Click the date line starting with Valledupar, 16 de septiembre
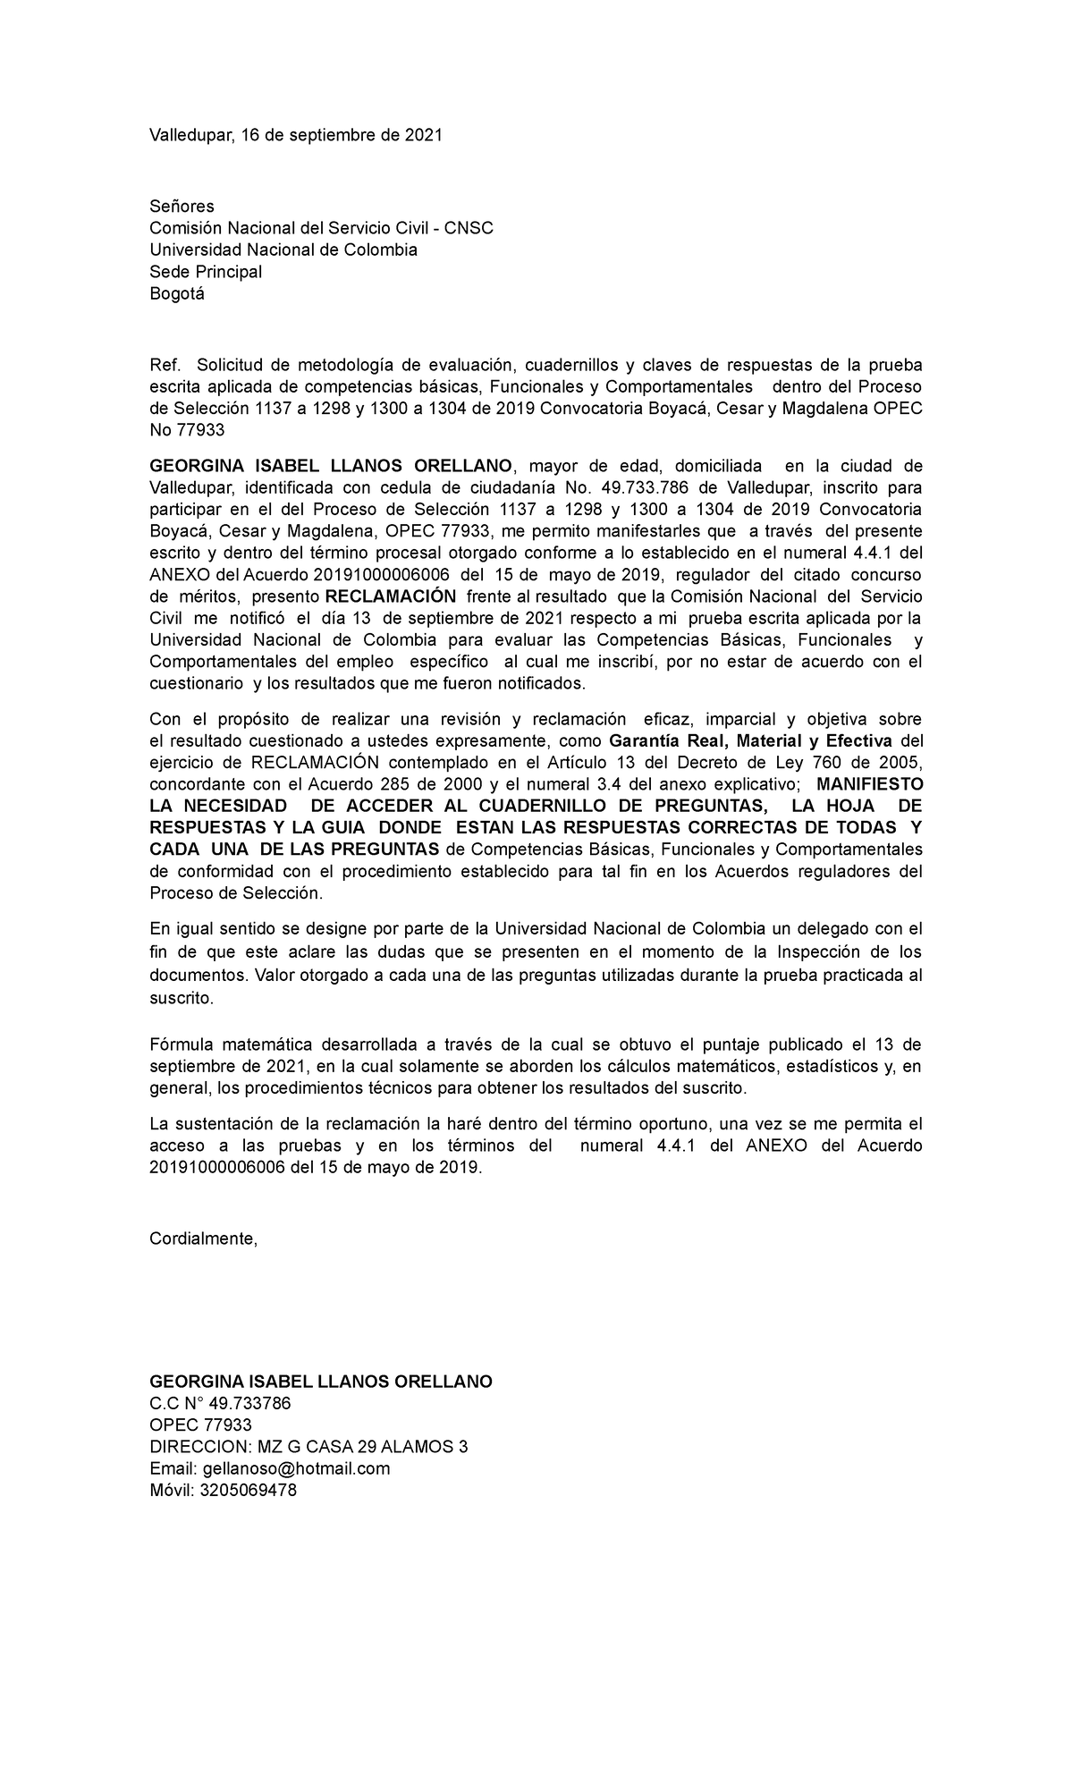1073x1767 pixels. click(x=295, y=135)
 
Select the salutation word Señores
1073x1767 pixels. click(x=182, y=207)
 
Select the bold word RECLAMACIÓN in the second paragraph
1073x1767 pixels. click(x=390, y=596)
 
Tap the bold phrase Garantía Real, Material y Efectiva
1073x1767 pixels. click(x=750, y=741)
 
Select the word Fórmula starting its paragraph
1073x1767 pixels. click(x=180, y=1044)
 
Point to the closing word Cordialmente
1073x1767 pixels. click(x=203, y=1239)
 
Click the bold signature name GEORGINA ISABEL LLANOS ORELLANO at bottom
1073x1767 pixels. click(x=320, y=1382)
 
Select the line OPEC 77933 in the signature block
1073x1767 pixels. click(x=200, y=1425)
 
